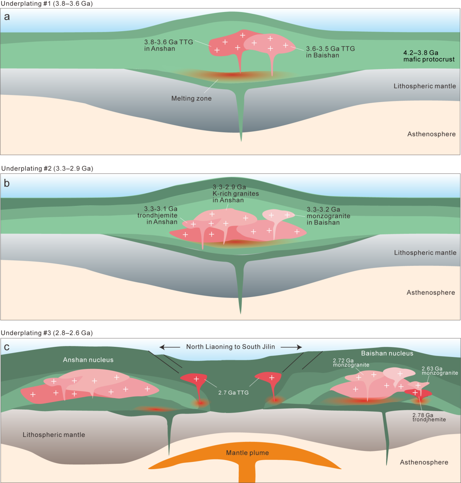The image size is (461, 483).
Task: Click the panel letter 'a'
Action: pos(7,17)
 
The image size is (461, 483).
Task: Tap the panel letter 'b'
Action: pos(7,183)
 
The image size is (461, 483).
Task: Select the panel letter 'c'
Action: pos(7,347)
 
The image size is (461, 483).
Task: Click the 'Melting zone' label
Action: pos(191,98)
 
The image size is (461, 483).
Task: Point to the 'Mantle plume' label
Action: pos(247,453)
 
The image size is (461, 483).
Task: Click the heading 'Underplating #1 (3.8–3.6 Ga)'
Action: pos(47,4)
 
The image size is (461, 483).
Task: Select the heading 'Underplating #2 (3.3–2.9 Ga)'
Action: pos(47,169)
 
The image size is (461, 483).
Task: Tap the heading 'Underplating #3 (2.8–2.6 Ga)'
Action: pos(47,333)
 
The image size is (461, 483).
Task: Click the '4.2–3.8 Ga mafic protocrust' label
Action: pos(429,56)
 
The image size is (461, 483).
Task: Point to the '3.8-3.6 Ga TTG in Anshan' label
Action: pos(168,45)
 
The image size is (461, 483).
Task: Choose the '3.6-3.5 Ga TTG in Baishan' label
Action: pos(330,52)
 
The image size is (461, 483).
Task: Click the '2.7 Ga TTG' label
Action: pos(233,393)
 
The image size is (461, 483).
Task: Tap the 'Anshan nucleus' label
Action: pos(88,360)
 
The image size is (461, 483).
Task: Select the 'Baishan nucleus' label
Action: pos(387,353)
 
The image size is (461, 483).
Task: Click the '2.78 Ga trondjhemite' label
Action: pos(429,417)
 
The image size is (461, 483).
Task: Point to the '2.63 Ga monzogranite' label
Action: pos(440,371)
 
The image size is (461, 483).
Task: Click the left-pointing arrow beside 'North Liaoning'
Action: pos(170,347)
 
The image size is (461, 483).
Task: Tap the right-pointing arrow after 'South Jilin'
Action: pos(291,347)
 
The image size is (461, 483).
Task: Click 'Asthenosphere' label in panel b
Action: pos(430,293)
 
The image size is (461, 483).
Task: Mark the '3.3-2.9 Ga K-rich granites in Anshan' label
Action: pos(236,194)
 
